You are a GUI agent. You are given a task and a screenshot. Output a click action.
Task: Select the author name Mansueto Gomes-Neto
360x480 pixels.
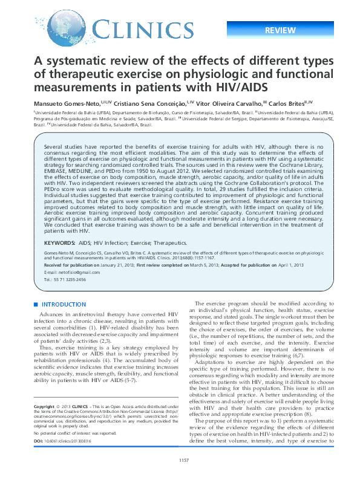pos(67,103)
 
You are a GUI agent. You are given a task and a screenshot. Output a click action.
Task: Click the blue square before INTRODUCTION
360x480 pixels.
pos(36,305)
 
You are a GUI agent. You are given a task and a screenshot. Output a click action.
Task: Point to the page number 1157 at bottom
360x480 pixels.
pos(180,461)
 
